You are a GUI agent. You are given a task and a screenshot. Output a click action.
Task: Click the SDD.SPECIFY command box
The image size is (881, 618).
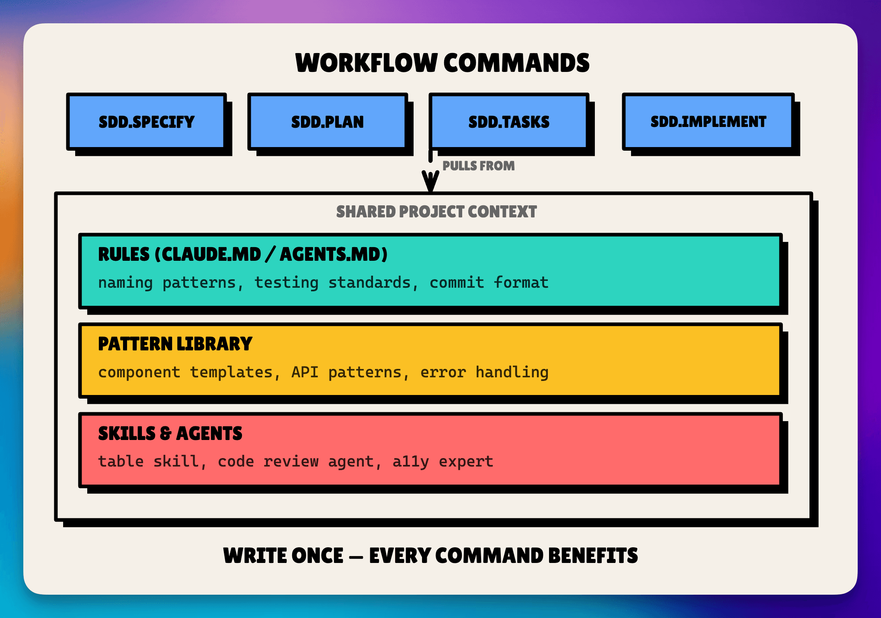(x=146, y=122)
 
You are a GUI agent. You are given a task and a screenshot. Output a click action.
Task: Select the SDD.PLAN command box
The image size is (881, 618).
(x=327, y=122)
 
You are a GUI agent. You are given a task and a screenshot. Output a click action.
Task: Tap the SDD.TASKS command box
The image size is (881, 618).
(x=508, y=122)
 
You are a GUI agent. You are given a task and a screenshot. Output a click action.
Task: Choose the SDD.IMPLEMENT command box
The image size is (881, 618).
(x=708, y=122)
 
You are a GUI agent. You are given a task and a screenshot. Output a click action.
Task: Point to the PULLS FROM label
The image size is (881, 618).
(x=478, y=166)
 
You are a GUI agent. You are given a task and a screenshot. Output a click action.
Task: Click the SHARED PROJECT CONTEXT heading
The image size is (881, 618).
(x=436, y=212)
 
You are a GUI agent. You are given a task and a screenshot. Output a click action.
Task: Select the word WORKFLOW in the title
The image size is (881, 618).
(x=366, y=63)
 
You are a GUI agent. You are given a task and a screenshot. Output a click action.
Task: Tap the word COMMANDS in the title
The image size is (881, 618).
(x=516, y=63)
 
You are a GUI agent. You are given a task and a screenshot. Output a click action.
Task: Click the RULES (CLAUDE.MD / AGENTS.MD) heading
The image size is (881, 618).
(x=243, y=254)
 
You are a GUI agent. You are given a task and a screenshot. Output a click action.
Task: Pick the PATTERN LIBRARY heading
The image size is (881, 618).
(x=175, y=344)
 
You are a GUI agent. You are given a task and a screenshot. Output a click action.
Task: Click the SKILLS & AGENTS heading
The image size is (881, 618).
(x=170, y=434)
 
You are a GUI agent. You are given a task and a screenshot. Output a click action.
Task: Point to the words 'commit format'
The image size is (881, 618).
(x=489, y=282)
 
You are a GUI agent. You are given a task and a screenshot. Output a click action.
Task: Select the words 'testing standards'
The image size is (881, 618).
(x=332, y=282)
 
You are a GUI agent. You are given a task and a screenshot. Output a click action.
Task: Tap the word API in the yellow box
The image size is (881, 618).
(x=305, y=372)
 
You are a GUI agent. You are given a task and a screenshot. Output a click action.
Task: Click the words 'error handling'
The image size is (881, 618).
(x=484, y=372)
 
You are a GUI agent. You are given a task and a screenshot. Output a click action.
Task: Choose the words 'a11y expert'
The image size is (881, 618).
(x=443, y=461)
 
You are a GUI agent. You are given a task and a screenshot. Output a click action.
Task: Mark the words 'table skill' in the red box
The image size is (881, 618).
(x=149, y=461)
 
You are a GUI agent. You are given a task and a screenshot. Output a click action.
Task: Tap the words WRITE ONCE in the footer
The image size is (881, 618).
(x=283, y=556)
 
